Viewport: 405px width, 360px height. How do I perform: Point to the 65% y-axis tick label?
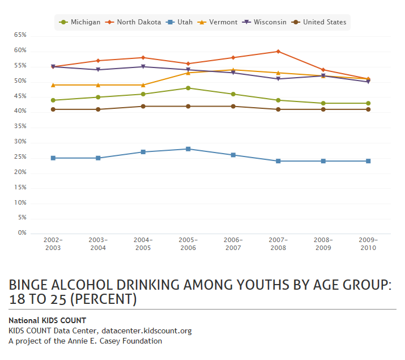[20, 35]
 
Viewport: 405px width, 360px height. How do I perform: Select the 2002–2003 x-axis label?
[53, 244]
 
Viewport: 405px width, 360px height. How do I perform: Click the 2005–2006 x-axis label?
[188, 244]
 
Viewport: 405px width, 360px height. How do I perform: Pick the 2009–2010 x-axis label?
[368, 244]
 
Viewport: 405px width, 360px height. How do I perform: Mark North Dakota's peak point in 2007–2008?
[278, 52]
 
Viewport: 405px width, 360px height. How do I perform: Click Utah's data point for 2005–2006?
[188, 149]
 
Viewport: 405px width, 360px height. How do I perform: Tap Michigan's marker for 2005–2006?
[188, 88]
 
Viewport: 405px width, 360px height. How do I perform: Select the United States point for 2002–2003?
[53, 109]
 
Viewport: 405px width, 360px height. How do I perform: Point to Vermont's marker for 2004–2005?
[143, 85]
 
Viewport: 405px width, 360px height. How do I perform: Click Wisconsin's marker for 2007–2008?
[278, 79]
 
